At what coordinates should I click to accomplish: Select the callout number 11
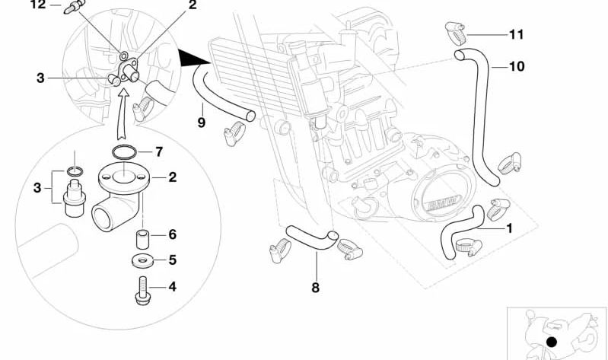point(517,34)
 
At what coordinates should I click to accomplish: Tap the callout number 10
point(516,67)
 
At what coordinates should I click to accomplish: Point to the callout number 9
point(202,122)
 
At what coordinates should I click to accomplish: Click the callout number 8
point(315,288)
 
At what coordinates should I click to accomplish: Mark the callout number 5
point(172,260)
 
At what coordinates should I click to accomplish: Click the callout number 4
point(172,288)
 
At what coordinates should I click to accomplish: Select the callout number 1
point(509,228)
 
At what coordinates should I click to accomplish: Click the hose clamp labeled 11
point(452,32)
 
